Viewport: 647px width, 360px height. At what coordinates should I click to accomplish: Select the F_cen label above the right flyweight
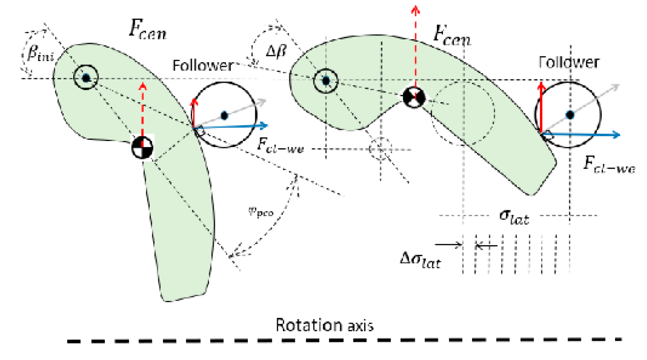[x=452, y=39]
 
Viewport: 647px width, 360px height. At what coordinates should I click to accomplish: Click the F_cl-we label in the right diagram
[x=609, y=167]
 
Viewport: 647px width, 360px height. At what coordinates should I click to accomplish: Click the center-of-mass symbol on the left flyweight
[x=142, y=148]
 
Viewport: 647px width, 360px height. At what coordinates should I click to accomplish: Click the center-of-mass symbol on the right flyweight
[x=414, y=97]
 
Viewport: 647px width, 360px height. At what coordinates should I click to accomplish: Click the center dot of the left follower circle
[x=224, y=115]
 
